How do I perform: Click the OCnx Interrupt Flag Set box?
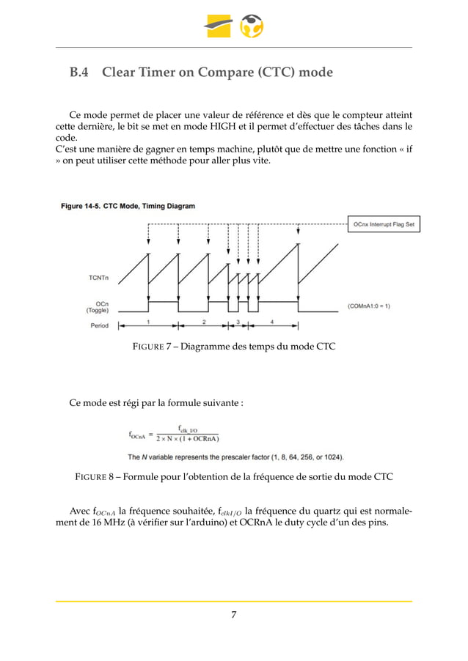coord(383,224)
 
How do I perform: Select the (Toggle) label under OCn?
coord(98,310)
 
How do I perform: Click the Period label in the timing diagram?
coord(99,325)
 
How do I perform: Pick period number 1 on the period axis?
coord(148,322)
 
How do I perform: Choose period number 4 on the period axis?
coord(271,322)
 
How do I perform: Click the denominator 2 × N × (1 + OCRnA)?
coord(188,440)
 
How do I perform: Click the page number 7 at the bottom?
coord(233,614)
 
